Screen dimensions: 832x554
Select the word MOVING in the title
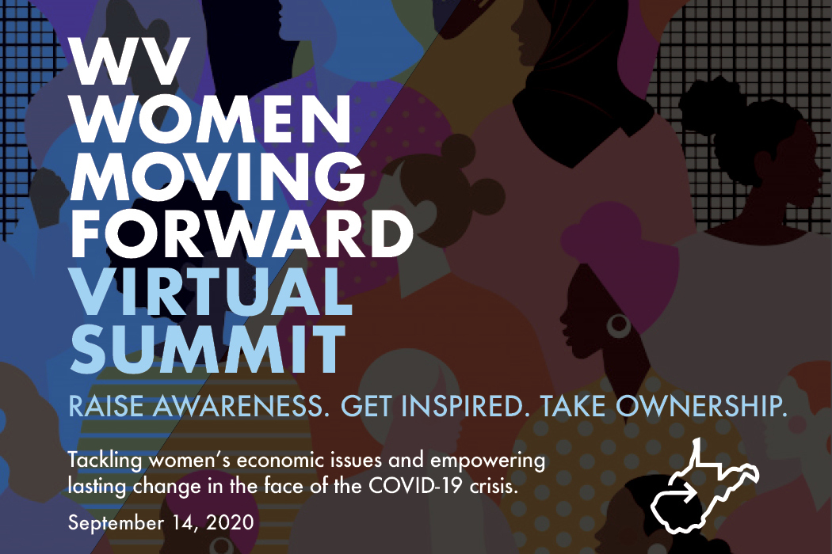click(x=217, y=176)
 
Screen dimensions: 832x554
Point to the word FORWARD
click(x=242, y=233)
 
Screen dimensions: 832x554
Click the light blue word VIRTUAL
click(x=212, y=290)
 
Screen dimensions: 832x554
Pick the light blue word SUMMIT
click(x=207, y=347)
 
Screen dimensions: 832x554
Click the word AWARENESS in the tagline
click(x=238, y=406)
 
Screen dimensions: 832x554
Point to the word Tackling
click(x=105, y=461)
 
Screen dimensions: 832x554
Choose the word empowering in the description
click(x=487, y=461)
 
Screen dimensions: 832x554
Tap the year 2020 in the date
click(x=229, y=522)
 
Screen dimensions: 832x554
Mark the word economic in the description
click(x=280, y=461)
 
